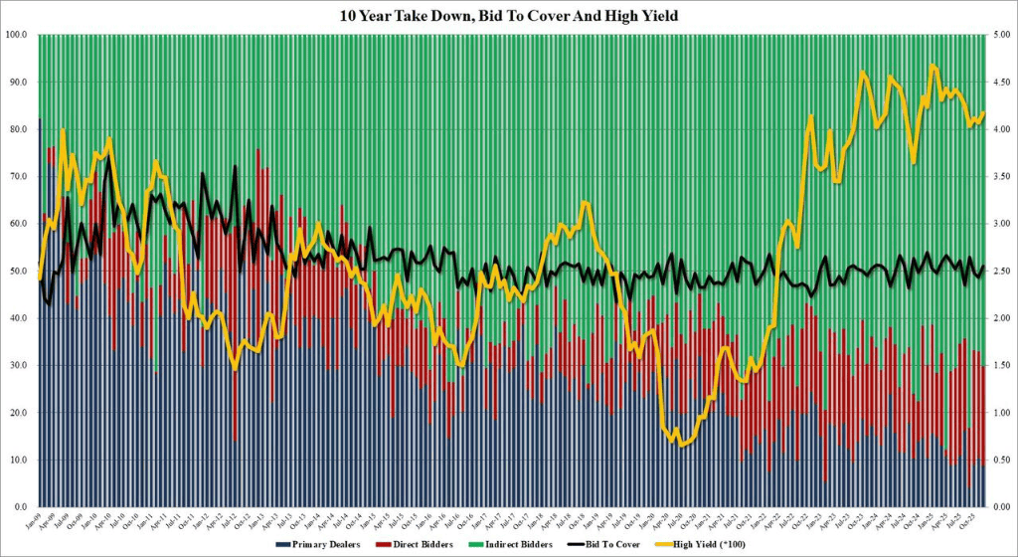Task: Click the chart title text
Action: coord(508,15)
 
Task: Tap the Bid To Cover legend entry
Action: coord(622,546)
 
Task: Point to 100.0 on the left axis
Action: coord(17,35)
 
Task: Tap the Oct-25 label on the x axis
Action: coord(972,521)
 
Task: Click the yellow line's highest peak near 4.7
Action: coord(933,66)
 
